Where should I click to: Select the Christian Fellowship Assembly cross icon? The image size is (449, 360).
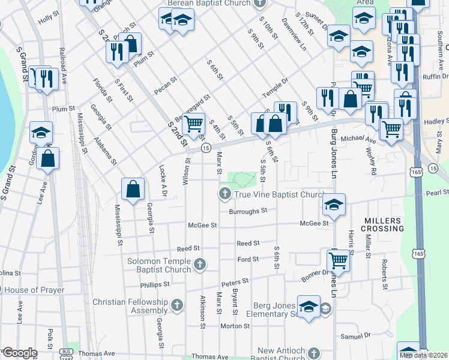[176, 306]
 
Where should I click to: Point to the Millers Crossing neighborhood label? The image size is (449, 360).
[383, 224]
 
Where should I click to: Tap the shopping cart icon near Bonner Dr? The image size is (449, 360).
[338, 262]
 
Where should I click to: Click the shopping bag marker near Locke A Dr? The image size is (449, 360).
[133, 188]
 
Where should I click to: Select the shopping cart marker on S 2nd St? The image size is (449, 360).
[193, 124]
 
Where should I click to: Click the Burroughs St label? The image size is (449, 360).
[247, 211]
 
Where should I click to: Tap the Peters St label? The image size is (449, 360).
[235, 281]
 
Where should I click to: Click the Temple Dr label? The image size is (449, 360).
[275, 88]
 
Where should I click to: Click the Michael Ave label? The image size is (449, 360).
[363, 139]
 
